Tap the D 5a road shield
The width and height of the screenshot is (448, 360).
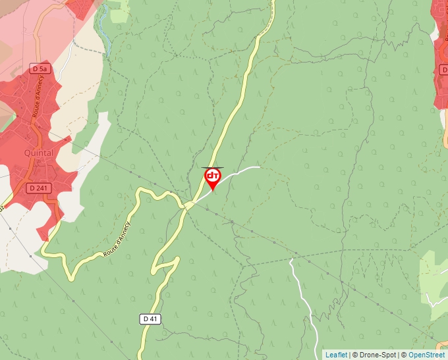(40, 68)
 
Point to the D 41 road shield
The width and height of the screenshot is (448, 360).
(151, 319)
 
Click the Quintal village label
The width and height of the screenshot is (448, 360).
(38, 153)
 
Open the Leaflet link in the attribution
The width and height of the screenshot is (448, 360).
(336, 355)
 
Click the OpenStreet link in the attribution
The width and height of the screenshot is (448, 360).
(426, 355)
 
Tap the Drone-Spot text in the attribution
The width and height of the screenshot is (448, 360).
(379, 355)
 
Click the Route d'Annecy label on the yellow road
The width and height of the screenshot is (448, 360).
(117, 240)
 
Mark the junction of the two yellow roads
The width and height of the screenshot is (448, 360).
(187, 206)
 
